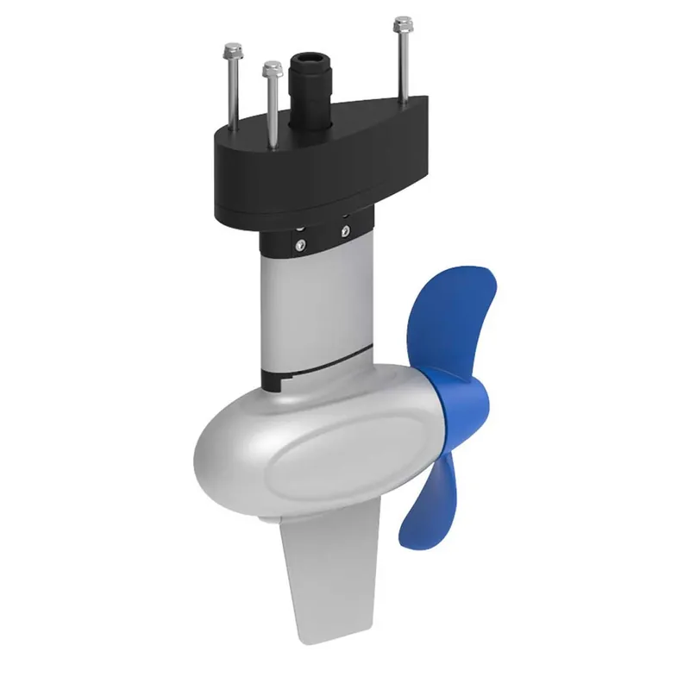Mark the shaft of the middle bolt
[272, 108]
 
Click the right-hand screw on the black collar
[345, 229]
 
